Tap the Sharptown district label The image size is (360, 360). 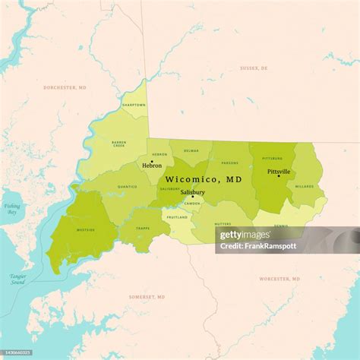coord(134,105)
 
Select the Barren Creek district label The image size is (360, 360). coord(119,144)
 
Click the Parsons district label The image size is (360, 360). coord(230,162)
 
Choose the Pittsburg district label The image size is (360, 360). coord(272,159)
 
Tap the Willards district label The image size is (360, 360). coord(305,185)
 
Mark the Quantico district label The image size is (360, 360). coord(128,186)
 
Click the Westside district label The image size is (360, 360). coord(86,229)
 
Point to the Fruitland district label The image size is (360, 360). coord(177,217)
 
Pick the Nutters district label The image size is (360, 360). coord(223,224)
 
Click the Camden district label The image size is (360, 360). coord(192,204)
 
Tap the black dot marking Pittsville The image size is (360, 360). coord(278,176)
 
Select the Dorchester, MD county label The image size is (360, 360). coord(65,87)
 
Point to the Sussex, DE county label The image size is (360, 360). coord(254,68)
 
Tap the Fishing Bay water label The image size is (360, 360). coord(12,209)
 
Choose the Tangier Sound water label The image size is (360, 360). coord(17,279)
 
